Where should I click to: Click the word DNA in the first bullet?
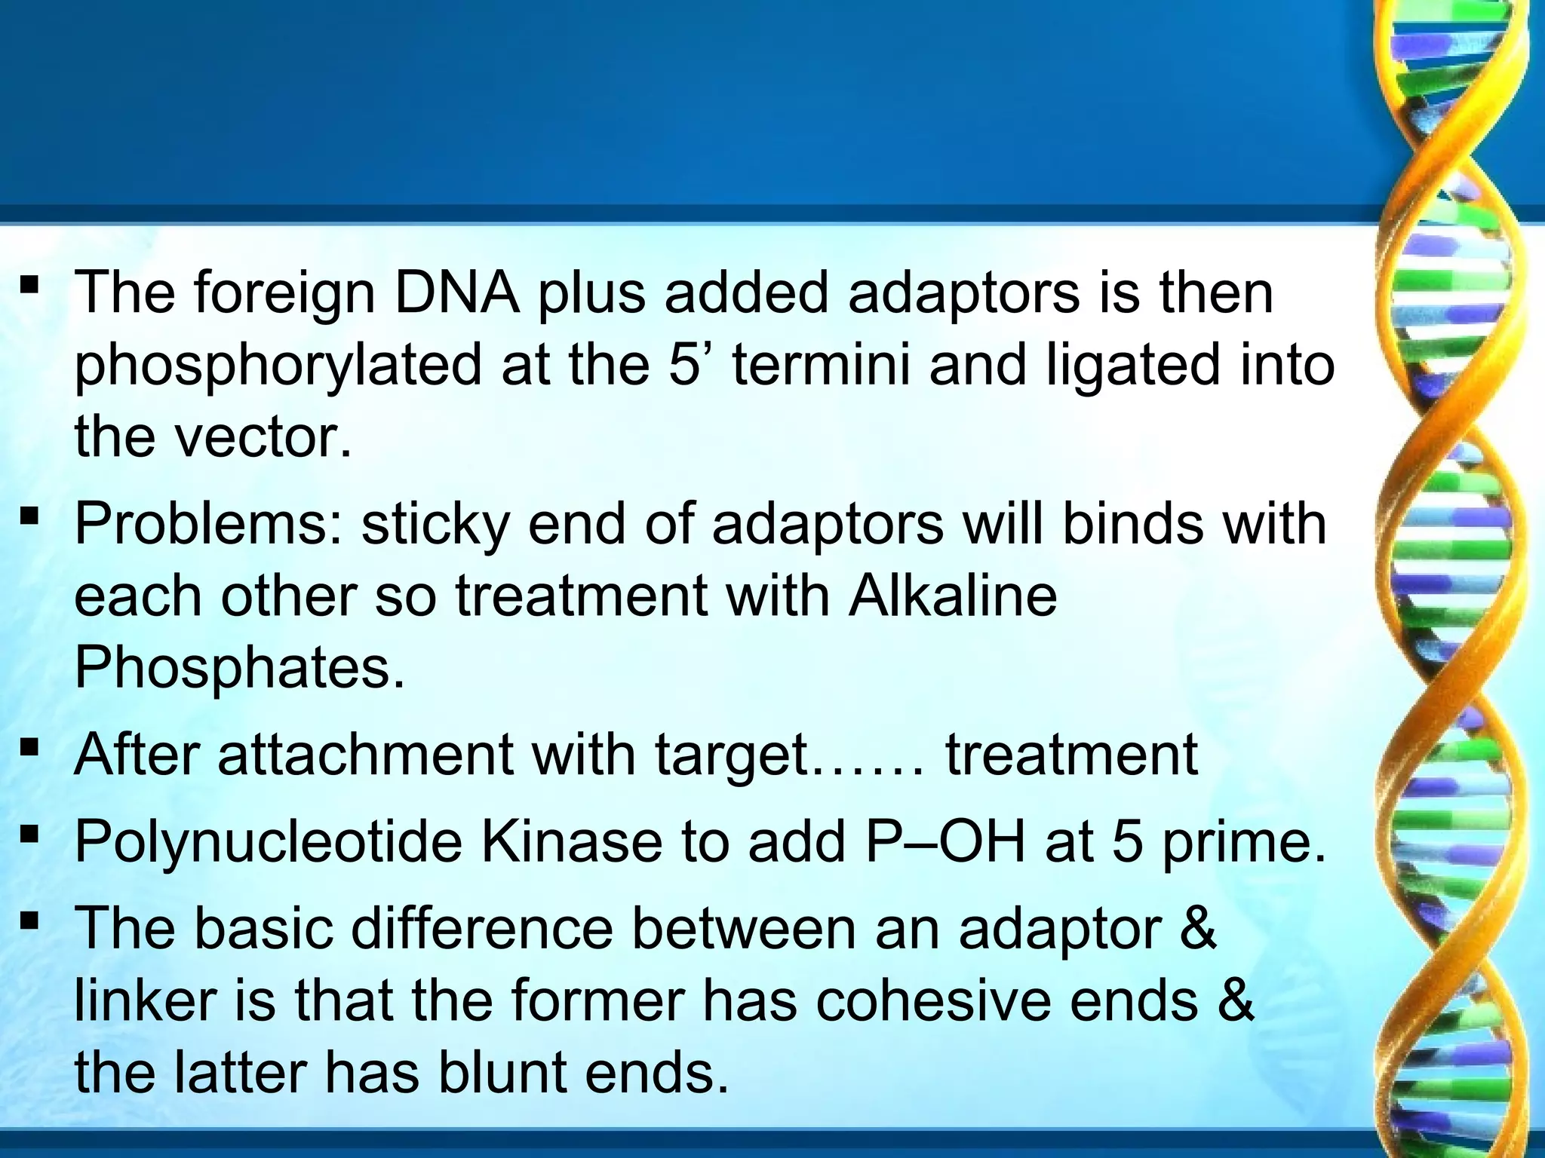456,293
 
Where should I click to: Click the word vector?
263,437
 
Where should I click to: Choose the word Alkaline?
953,596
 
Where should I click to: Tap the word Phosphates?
239,668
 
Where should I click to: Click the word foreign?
284,294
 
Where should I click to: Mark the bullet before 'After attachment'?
30,749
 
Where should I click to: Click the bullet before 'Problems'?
30,517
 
